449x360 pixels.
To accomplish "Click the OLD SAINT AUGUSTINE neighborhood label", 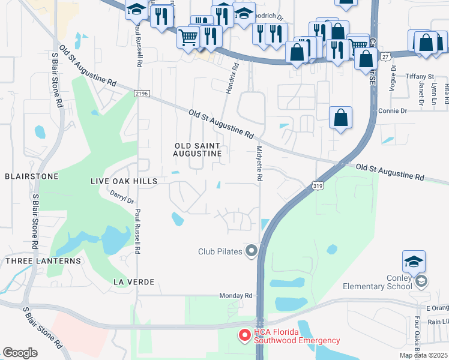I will pos(198,150).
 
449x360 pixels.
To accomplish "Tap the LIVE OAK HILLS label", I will pos(124,181).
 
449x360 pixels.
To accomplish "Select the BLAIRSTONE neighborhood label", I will pos(31,176).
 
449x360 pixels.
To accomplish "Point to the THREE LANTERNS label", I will pos(43,261).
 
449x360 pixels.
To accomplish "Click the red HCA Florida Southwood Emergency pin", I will pos(244,335).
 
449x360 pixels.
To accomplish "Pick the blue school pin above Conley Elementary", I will pos(414,262).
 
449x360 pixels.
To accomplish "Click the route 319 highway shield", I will pos(318,187).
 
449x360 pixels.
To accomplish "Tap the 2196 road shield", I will pos(141,93).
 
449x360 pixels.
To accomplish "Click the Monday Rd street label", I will pos(236,296).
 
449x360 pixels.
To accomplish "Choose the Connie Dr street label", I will pos(393,111).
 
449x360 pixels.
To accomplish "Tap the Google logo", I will pos(20,353).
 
